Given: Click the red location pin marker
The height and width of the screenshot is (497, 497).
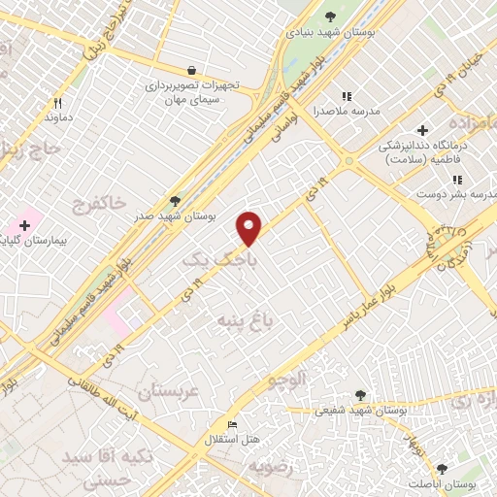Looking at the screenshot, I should (x=249, y=228).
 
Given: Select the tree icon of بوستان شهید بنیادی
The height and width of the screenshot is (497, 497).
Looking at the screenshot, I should (x=330, y=16).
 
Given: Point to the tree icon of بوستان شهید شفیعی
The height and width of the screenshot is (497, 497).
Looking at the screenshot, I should (x=361, y=395).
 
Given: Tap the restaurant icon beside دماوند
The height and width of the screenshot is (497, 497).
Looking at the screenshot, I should (x=58, y=103).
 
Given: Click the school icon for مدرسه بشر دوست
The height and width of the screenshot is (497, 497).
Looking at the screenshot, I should (x=456, y=180).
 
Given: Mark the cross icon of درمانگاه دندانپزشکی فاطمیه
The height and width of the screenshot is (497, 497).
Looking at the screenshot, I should (x=422, y=130).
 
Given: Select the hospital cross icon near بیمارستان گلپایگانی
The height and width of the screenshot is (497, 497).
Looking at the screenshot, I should (x=24, y=225).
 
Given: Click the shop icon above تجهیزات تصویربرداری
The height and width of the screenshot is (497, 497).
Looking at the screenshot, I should (x=192, y=70).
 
